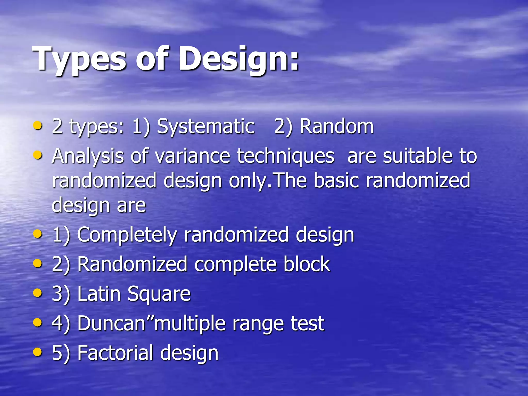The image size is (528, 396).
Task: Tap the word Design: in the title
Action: [x=239, y=59]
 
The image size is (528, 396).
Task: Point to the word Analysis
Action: [x=88, y=156]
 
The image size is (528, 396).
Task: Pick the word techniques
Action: [x=286, y=156]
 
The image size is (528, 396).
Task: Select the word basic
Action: [x=337, y=180]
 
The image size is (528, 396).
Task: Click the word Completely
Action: [x=127, y=235]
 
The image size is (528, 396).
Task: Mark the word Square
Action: [x=159, y=294]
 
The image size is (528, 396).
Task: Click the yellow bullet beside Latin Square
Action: [x=38, y=293]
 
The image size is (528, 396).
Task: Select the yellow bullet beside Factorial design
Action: [x=38, y=352]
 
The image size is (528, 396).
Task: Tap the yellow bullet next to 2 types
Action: [x=38, y=126]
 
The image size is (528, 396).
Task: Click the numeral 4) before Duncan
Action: [x=61, y=323]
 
